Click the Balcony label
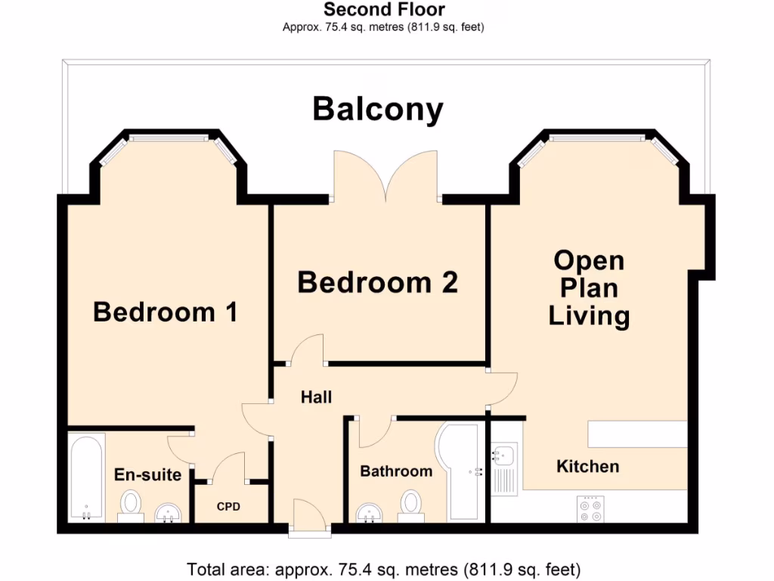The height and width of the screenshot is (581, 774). coord(378,110)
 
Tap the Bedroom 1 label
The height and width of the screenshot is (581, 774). coord(166,312)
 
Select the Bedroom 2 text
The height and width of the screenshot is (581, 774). coord(377,282)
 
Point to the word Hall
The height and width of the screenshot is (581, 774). coord(316,397)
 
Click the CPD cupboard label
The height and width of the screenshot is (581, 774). coord(228,506)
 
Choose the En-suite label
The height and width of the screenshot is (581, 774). coord(147,475)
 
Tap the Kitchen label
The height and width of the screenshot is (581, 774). coord(587,466)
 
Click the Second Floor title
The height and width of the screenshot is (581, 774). coord(384,10)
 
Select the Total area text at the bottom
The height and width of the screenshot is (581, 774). coord(383,568)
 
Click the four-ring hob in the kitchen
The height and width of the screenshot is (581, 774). coord(590,508)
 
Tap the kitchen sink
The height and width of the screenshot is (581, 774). coord(503,457)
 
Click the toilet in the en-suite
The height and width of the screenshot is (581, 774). coord(132,505)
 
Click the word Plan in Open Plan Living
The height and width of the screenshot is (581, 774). coord(589,288)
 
